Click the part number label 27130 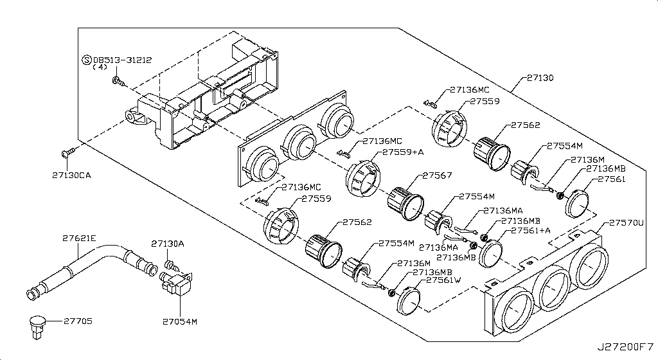point(540,78)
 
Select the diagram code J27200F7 point(625,347)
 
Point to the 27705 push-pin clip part point(38,323)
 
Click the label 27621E point(79,238)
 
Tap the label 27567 point(437,175)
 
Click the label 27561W point(444,280)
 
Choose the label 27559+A point(403,152)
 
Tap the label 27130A point(168,244)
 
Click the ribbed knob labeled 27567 point(404,201)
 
